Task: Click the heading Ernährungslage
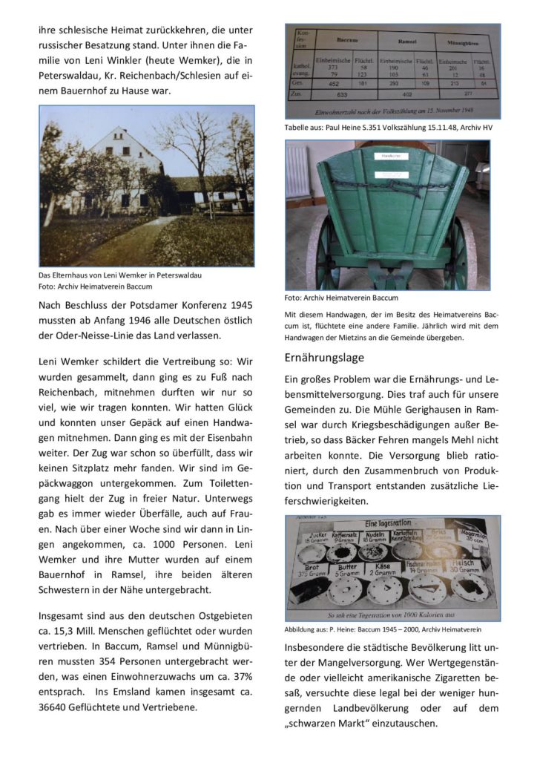coord(324,358)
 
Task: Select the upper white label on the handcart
coord(391,157)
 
